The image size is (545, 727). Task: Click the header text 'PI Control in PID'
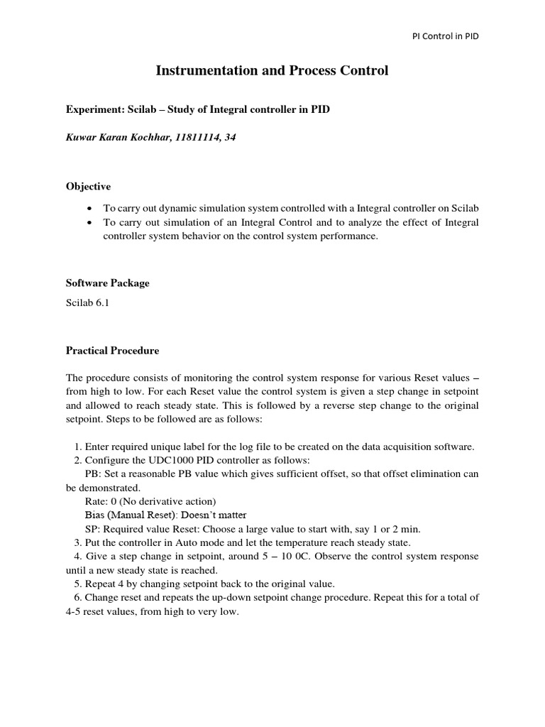[446, 36]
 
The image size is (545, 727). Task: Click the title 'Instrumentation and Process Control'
[272, 71]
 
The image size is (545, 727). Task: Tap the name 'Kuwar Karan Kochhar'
[114, 137]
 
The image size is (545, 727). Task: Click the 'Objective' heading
[88, 186]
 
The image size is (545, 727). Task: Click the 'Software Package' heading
[107, 283]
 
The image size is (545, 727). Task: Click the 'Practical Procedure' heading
[112, 350]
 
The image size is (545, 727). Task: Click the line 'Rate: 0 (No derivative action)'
[150, 501]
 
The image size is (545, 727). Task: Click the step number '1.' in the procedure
[77, 446]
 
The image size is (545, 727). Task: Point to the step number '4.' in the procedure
[77, 555]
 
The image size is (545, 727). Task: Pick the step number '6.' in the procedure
[77, 597]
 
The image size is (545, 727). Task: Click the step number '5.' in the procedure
[77, 584]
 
